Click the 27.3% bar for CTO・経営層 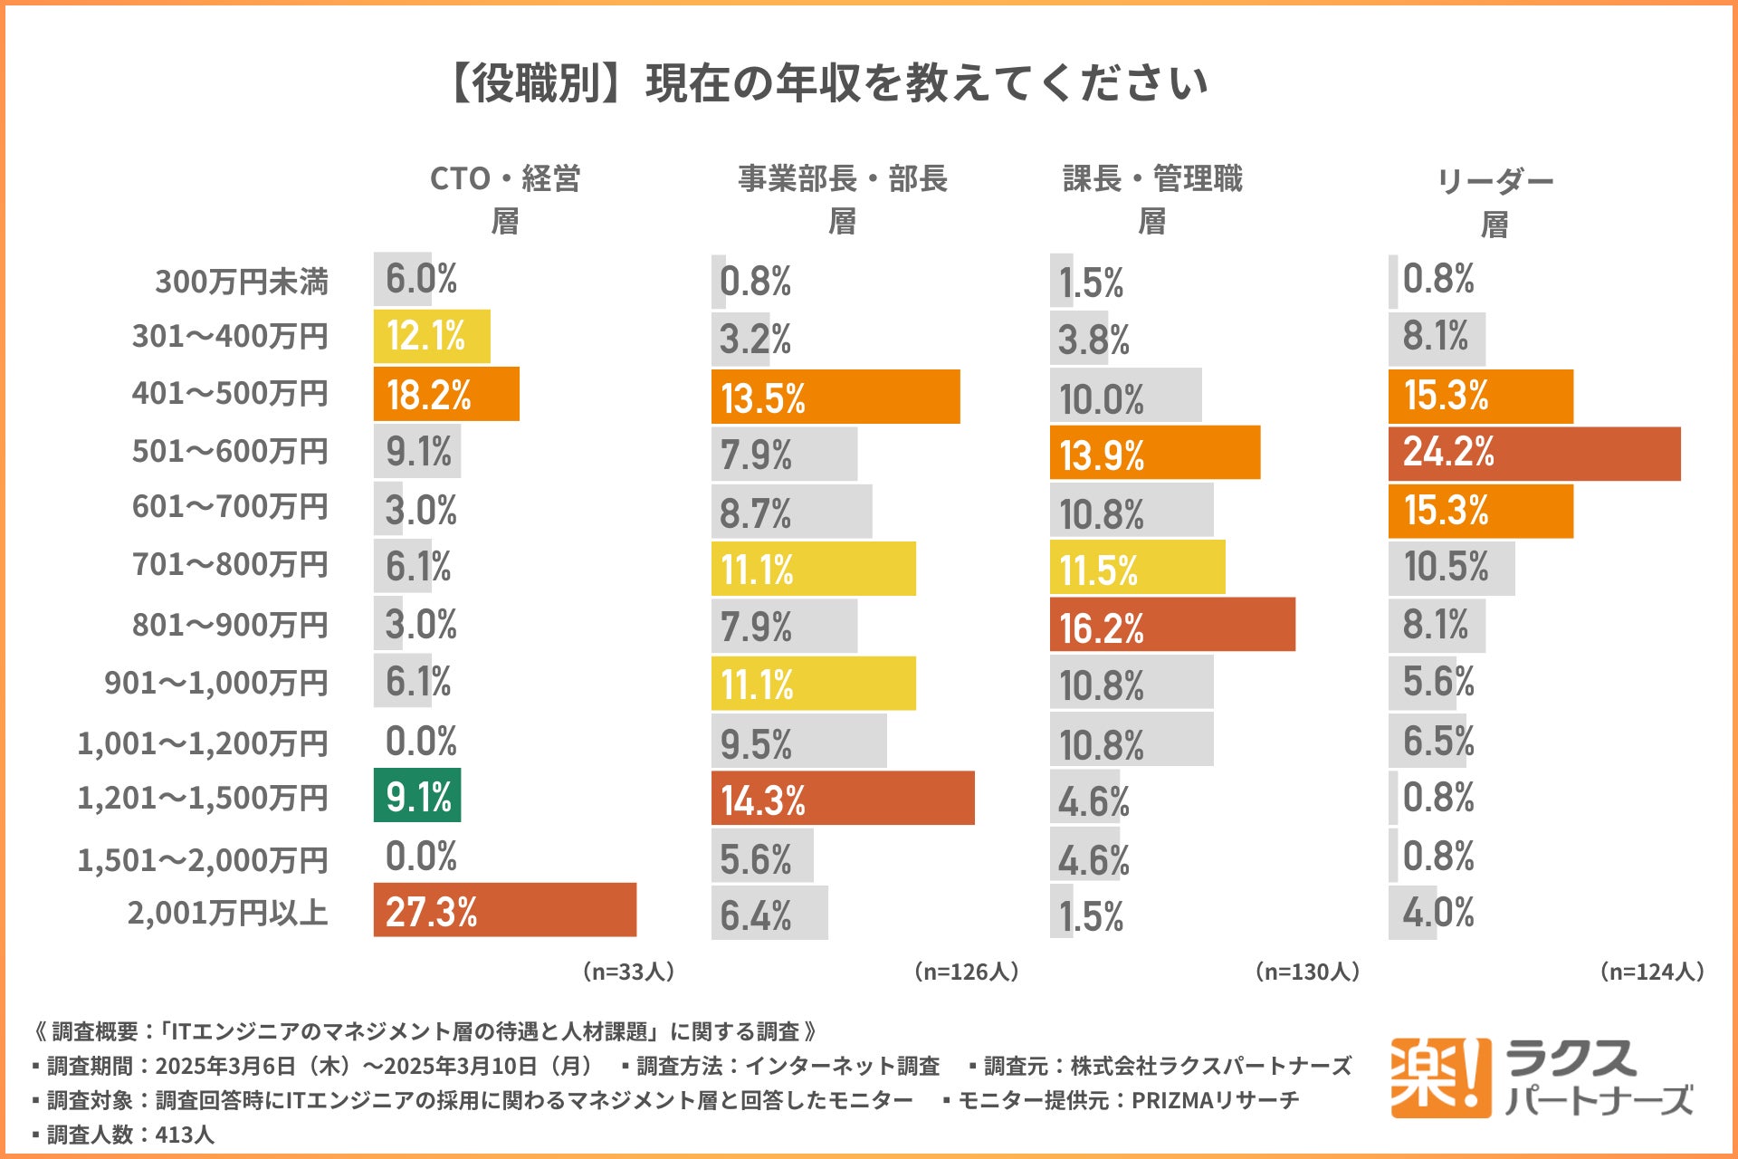(504, 910)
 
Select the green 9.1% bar (417, 796)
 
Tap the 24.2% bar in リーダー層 (1534, 454)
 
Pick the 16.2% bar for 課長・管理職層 (1172, 625)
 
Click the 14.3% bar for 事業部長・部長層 (843, 799)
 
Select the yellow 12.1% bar (432, 337)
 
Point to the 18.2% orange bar (446, 394)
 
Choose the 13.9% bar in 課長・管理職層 (1155, 453)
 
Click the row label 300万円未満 (242, 282)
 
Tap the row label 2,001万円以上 (228, 913)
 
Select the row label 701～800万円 (230, 564)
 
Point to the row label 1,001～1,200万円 (203, 743)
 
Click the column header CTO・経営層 (505, 199)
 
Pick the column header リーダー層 (1494, 202)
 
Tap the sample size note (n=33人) (628, 972)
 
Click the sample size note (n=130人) (1307, 972)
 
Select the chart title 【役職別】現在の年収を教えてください (829, 83)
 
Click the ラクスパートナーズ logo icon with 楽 (1439, 1078)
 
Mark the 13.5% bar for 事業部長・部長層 (836, 397)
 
